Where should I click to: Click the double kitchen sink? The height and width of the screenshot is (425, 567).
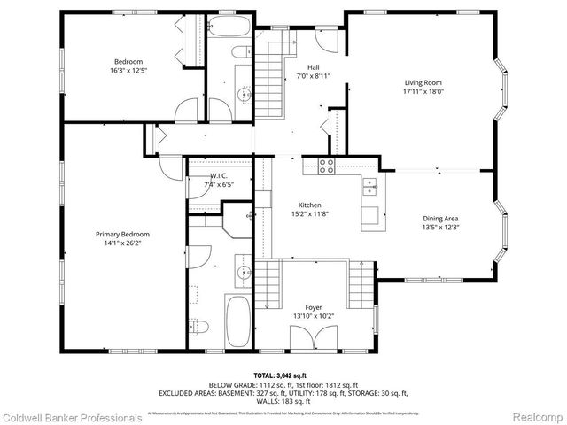coord(369,186)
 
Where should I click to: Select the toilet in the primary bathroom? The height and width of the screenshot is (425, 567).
coord(199,324)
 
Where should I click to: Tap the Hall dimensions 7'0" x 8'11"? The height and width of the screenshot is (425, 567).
coord(313,76)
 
